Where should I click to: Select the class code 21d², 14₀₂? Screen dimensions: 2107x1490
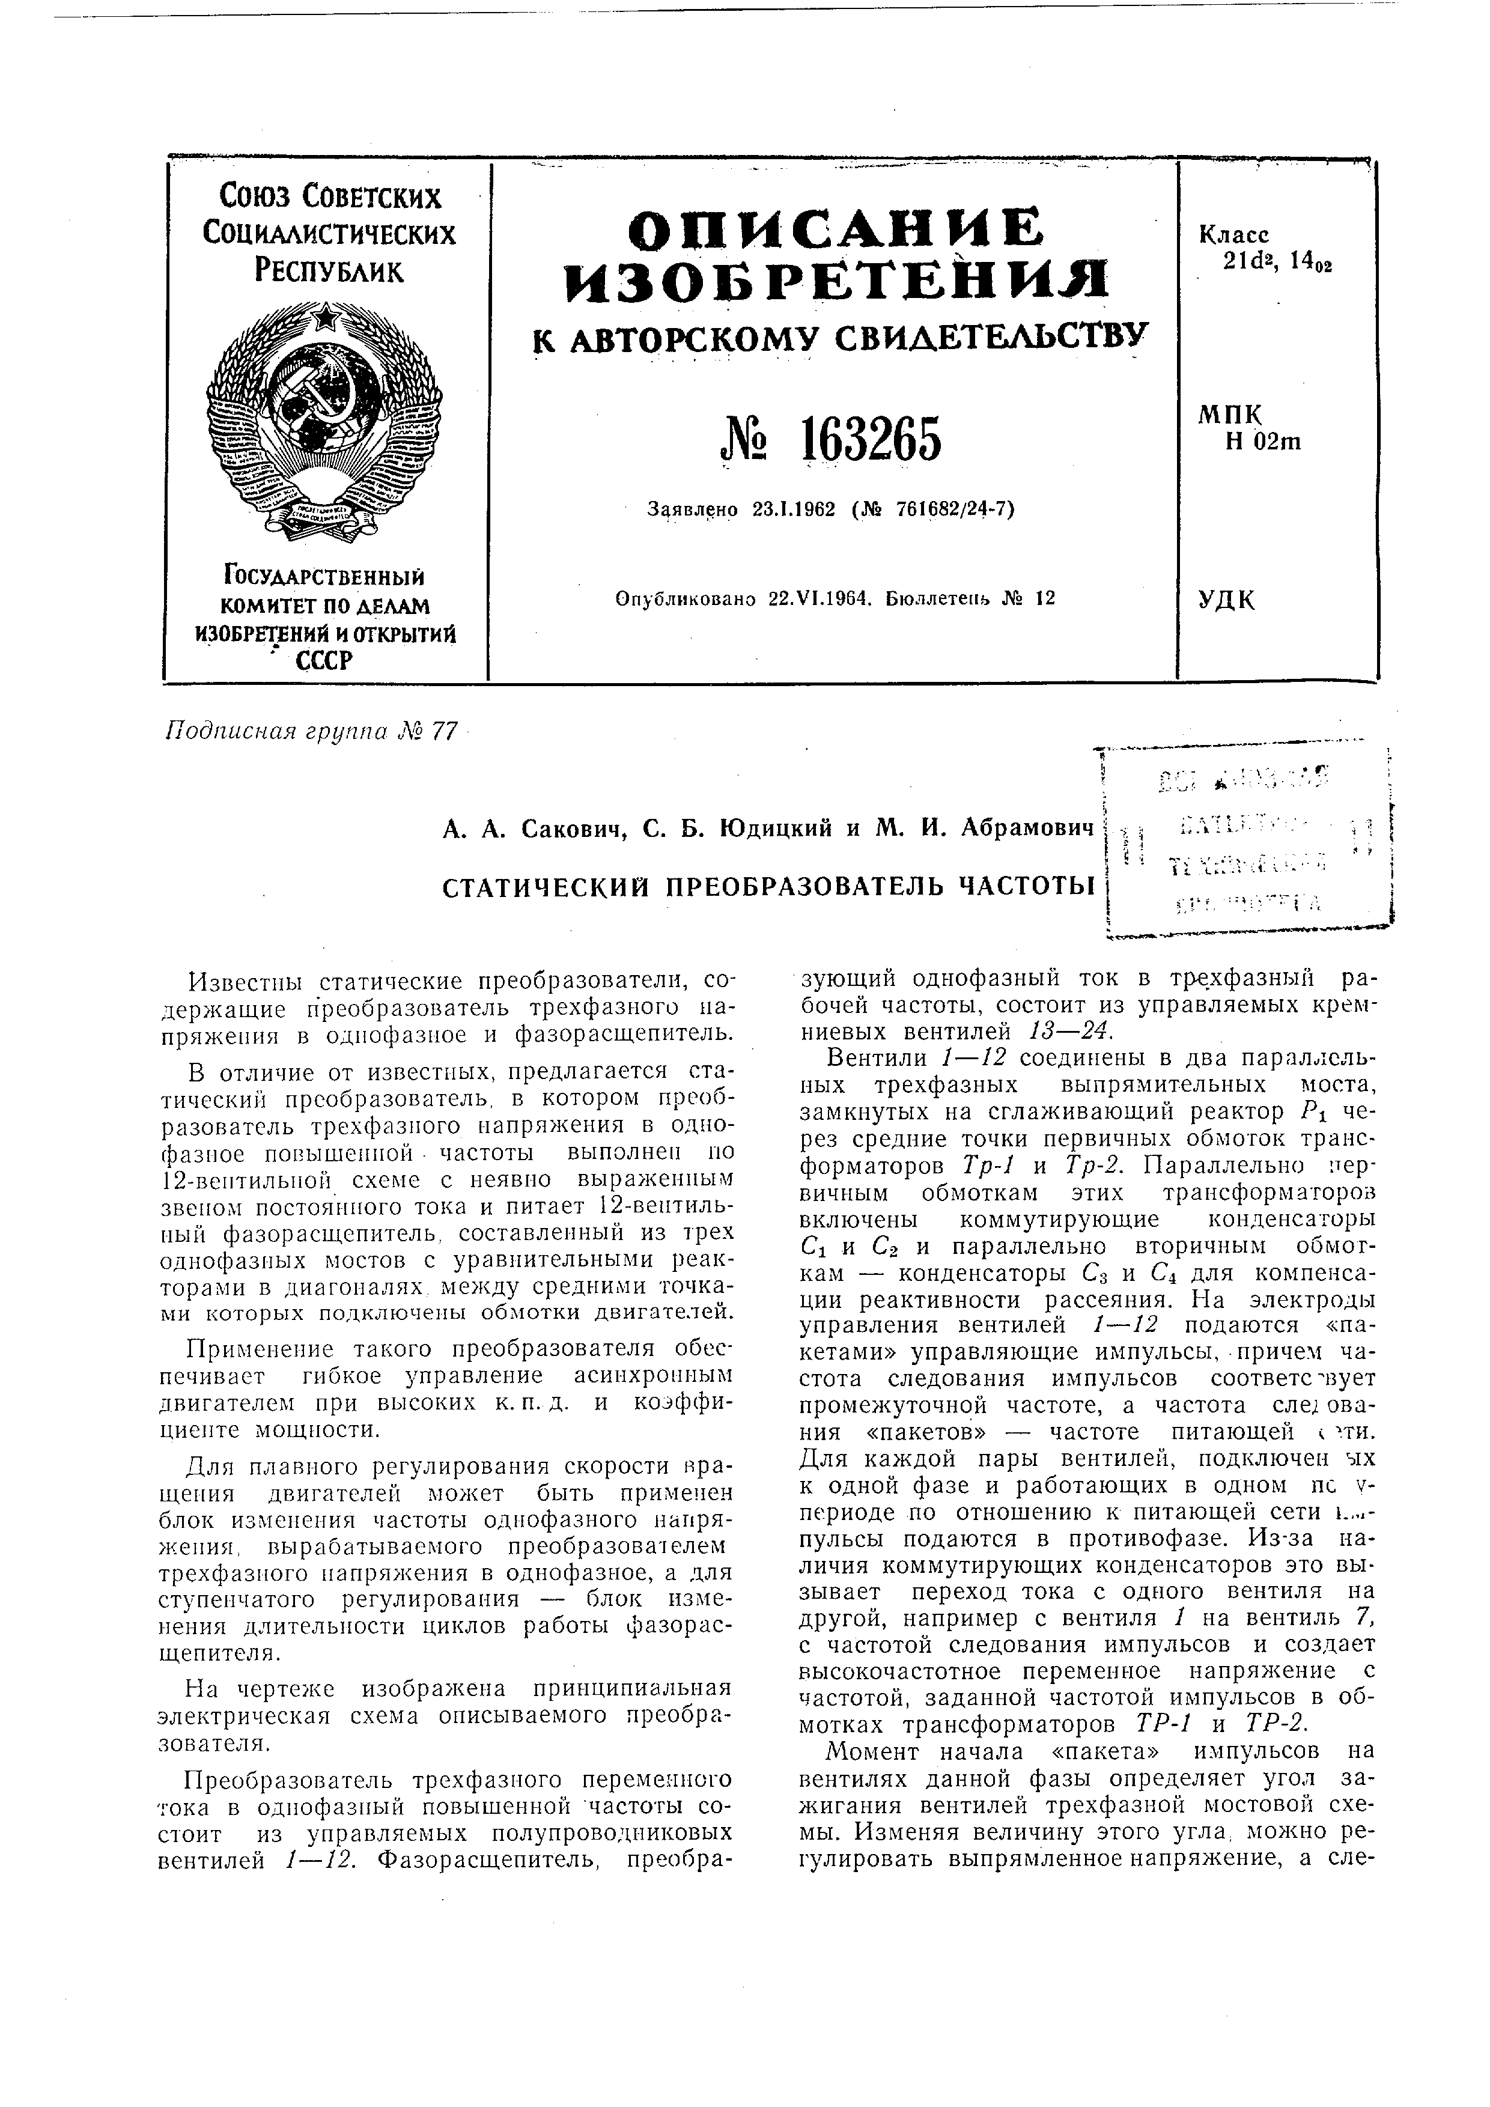point(1278,263)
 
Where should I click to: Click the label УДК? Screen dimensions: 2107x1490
point(1227,601)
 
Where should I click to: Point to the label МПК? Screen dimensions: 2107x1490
point(1229,415)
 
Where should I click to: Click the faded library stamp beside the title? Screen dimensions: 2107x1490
point(1250,842)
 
